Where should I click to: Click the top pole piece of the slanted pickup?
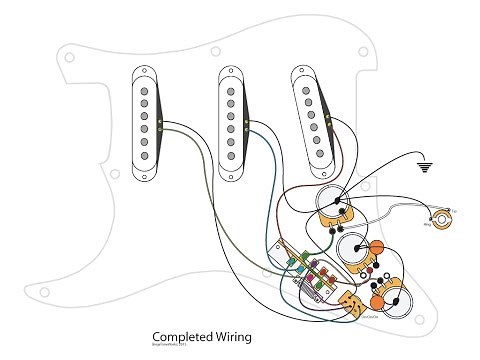click(301, 86)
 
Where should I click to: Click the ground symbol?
click(430, 168)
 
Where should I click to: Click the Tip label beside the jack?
click(455, 210)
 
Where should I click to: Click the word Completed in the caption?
click(176, 336)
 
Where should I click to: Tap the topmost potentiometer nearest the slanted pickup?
click(334, 204)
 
